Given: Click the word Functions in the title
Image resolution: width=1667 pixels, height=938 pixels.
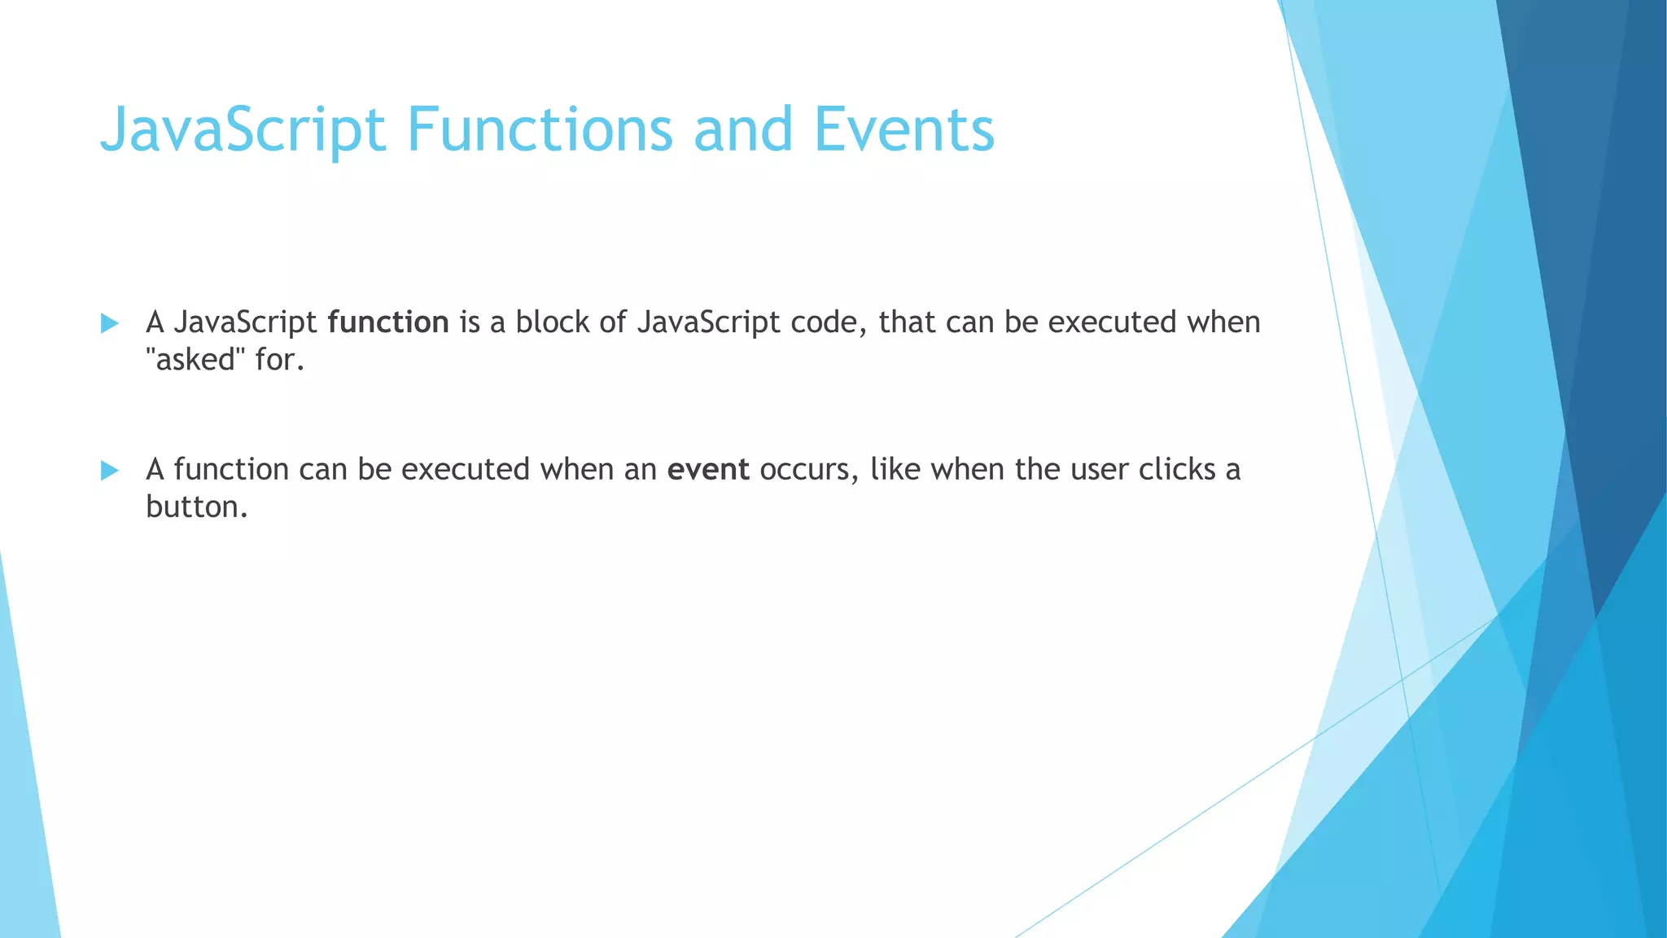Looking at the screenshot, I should (x=540, y=129).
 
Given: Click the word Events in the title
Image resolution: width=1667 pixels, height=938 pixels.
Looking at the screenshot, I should (x=904, y=129).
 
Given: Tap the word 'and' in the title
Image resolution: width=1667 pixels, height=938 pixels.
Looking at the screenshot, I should (x=742, y=129).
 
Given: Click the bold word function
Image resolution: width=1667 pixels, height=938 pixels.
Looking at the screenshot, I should (x=387, y=322).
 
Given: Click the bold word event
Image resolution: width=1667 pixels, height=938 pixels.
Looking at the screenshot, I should (x=707, y=470).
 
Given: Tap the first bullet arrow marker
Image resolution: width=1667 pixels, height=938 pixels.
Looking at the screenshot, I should (x=109, y=323).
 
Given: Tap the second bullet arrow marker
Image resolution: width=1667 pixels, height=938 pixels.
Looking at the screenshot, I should (x=109, y=471).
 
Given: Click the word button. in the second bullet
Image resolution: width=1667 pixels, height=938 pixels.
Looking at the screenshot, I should (x=196, y=507).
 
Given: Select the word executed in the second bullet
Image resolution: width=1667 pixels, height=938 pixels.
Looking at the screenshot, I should (x=465, y=470).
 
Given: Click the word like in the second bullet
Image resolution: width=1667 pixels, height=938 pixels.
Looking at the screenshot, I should (x=895, y=470).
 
